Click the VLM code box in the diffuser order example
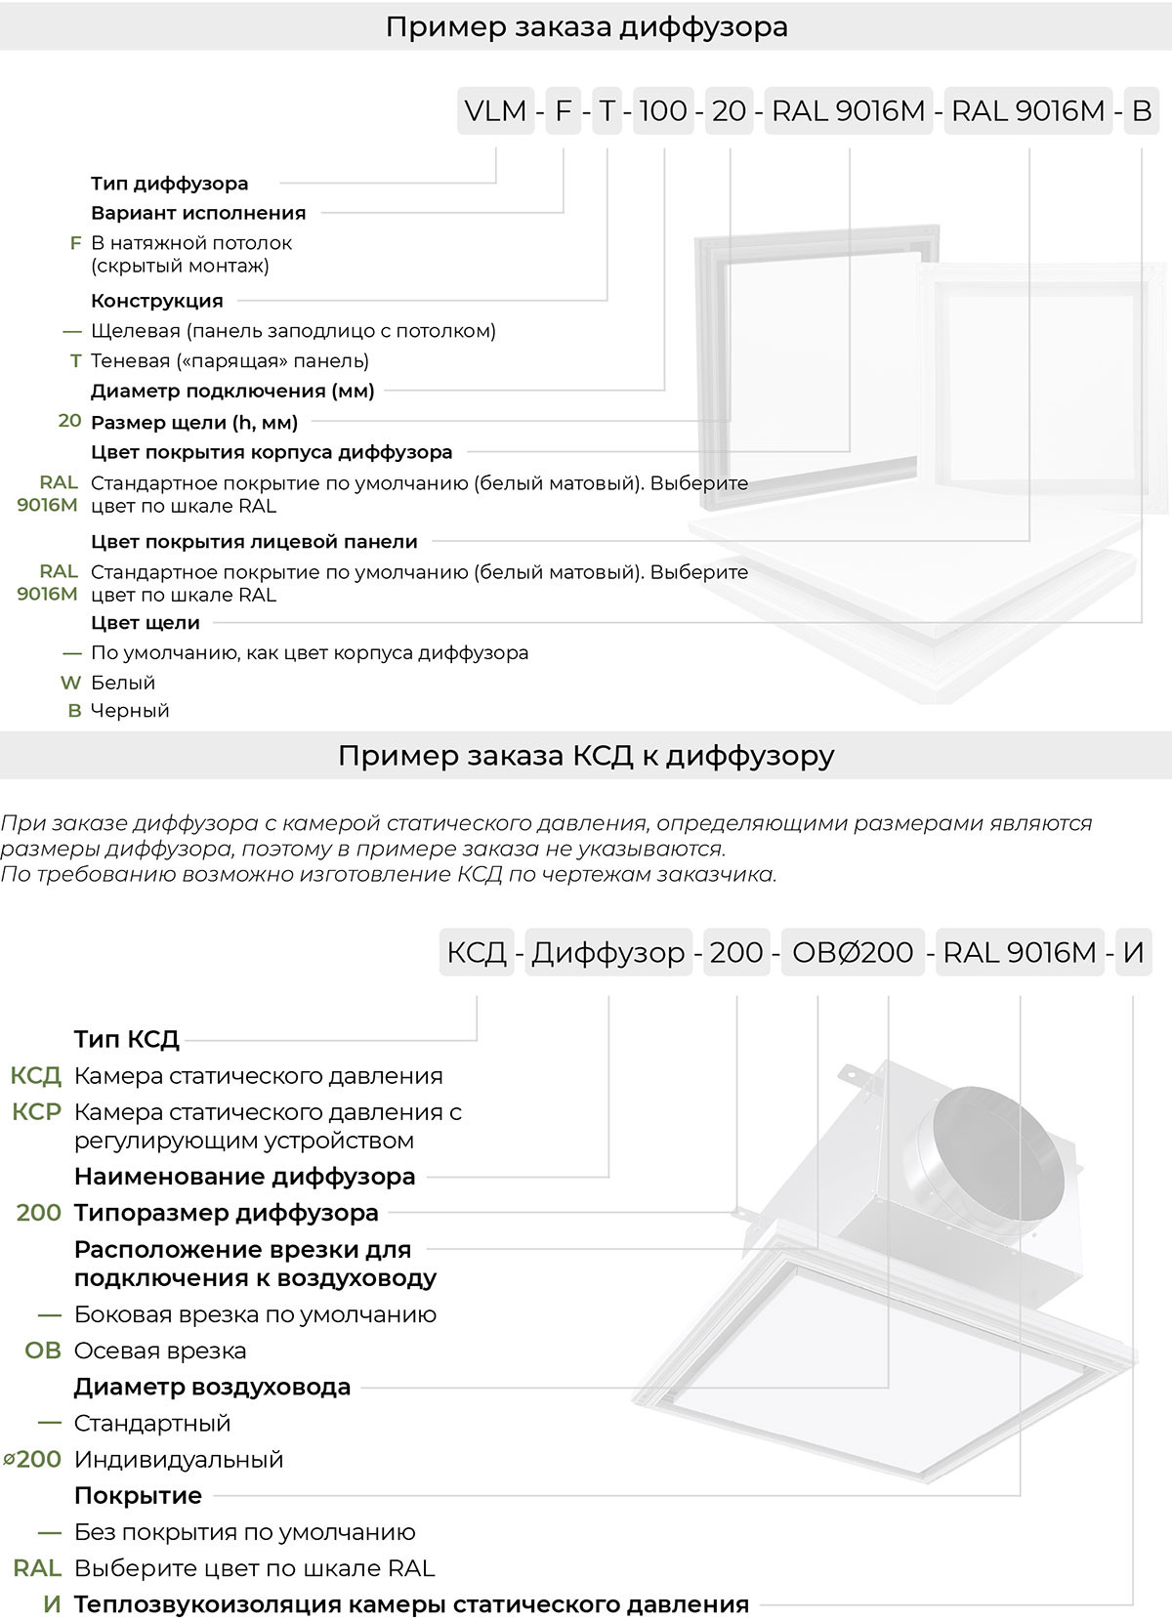495,111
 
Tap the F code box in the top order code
564,111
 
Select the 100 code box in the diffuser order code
663,111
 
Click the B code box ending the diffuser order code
1141,111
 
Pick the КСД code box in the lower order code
477,951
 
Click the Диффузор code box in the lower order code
608,951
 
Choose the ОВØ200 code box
852,951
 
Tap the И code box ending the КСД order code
1133,951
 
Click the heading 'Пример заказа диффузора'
586,26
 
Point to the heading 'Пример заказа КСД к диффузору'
586,756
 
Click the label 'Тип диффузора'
170,184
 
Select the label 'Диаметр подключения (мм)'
232,392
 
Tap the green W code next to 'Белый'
70,683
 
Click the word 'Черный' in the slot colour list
130,711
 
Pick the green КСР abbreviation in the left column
37,1112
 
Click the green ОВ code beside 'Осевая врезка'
43,1351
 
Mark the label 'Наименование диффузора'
245,1177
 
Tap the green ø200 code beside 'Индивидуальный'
33,1460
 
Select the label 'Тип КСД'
127,1039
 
